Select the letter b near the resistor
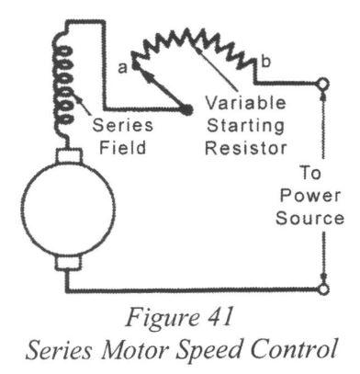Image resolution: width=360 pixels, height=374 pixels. pos(264,62)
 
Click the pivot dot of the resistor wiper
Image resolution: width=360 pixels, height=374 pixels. pos(187,109)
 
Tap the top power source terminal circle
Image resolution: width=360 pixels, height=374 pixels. pos(321,84)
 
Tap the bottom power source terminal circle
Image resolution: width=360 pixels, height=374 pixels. pos(321,289)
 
